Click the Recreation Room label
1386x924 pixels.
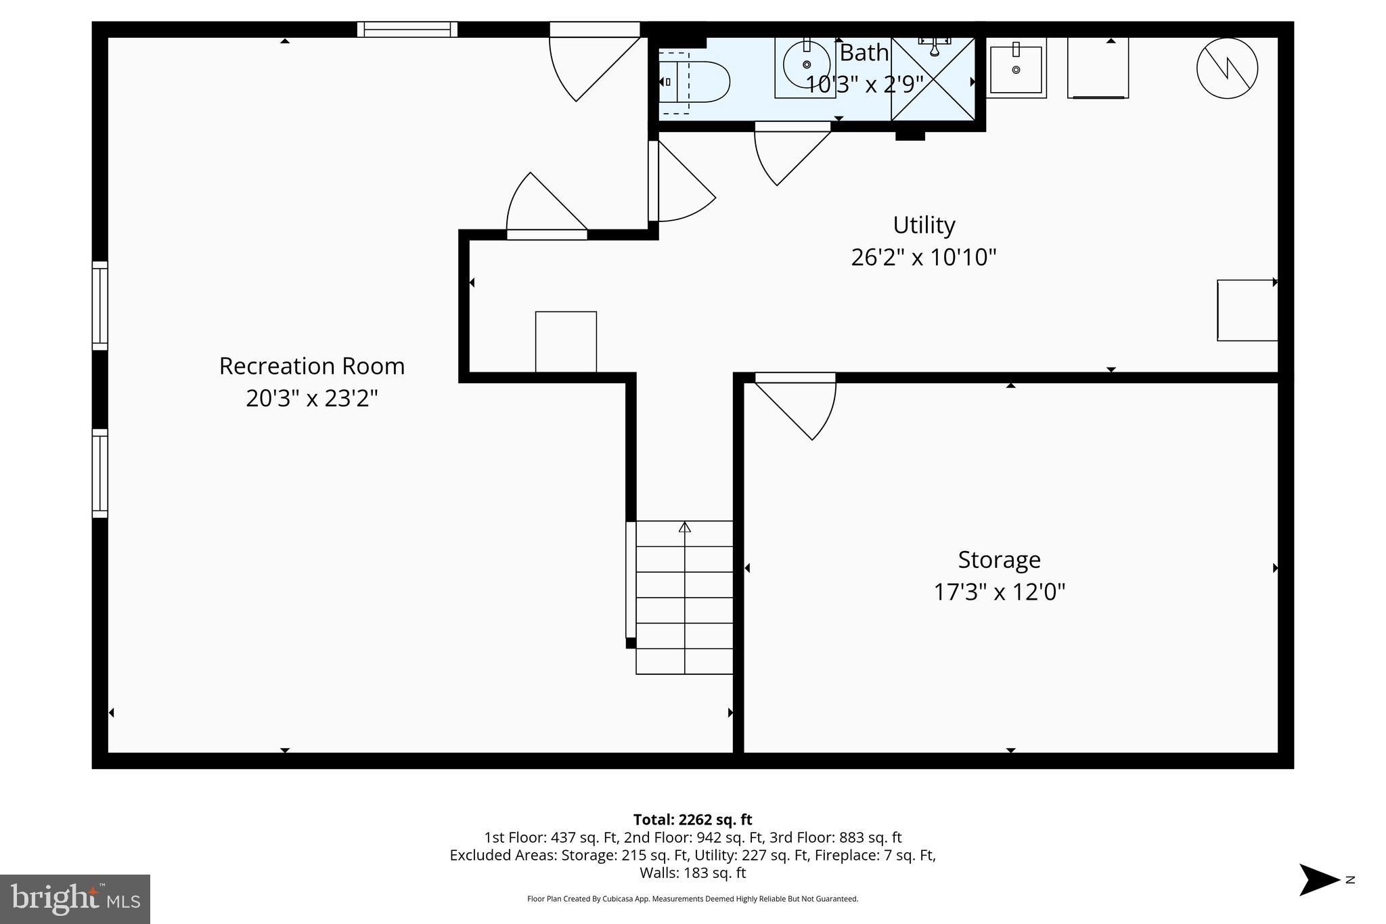pos(311,366)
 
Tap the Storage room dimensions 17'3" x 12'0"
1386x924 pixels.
pos(999,592)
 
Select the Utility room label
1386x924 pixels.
pos(924,225)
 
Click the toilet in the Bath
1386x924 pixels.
pos(697,82)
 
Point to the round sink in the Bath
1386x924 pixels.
pos(806,65)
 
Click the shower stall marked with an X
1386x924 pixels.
pos(933,80)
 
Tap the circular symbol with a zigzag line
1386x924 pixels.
pos(1227,68)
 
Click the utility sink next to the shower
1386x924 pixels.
pos(1016,68)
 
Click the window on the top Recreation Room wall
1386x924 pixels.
pos(407,29)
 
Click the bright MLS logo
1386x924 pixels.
pos(75,899)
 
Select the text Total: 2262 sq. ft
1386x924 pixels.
pos(692,820)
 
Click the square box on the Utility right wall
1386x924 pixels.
pos(1247,310)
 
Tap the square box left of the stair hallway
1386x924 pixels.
pos(566,342)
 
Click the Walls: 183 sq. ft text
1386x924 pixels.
pos(692,873)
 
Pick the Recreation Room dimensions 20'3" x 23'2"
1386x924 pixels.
pos(311,398)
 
